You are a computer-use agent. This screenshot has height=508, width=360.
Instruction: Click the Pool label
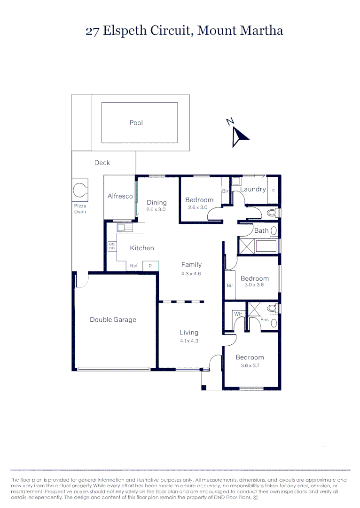pos(136,123)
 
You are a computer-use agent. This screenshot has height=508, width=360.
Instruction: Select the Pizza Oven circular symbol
pos(79,190)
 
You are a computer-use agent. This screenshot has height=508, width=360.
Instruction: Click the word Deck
pos(102,163)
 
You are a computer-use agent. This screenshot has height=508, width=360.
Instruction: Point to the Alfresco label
pos(120,196)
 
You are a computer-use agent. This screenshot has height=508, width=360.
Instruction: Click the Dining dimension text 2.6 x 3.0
pos(156,209)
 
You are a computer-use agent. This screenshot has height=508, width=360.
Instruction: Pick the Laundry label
pos(253,189)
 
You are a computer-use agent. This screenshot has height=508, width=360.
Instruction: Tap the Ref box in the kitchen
pos(134,266)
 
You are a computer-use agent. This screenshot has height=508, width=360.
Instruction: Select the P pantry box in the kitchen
pos(150,266)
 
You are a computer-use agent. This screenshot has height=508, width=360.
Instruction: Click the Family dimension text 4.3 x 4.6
pos(191,273)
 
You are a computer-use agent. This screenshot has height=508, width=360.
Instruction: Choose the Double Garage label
pos(113,320)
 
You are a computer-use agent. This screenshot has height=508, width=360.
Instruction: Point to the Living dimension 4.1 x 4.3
pos(188,341)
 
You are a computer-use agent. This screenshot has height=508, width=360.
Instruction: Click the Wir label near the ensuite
pos(237,313)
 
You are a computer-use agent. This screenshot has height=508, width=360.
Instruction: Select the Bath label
pos(261,230)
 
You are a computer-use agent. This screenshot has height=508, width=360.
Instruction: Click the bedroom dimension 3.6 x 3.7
pos(250,366)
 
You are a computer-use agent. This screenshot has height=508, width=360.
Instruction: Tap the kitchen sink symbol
pos(125,228)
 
